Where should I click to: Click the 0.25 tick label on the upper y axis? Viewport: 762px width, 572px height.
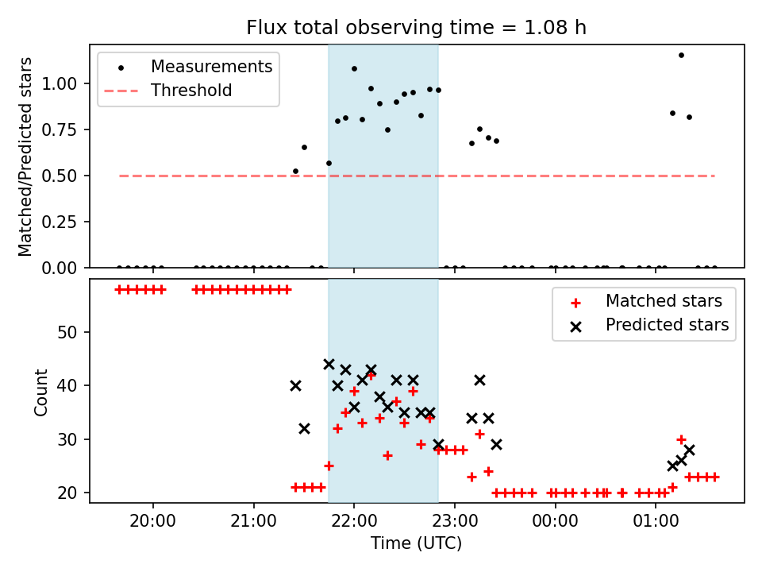click(60, 222)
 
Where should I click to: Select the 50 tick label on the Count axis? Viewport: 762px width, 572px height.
click(67, 333)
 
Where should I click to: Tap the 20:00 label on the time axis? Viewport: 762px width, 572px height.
click(153, 521)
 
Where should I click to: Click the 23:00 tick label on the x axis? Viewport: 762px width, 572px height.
click(454, 521)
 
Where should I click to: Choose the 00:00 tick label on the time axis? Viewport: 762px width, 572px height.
click(555, 521)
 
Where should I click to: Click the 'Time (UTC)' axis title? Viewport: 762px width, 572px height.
click(417, 543)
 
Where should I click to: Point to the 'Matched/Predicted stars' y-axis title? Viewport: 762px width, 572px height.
click(25, 157)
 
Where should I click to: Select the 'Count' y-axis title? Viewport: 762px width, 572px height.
click(41, 392)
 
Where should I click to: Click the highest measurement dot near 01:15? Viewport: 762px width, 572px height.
click(681, 56)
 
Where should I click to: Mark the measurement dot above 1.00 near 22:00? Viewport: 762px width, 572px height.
click(354, 69)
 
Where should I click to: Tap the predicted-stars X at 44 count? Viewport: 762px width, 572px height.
click(329, 365)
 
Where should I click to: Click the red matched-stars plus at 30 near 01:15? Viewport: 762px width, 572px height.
click(681, 439)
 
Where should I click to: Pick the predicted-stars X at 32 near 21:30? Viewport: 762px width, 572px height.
click(304, 429)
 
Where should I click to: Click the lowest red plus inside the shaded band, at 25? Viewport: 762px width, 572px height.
click(329, 466)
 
